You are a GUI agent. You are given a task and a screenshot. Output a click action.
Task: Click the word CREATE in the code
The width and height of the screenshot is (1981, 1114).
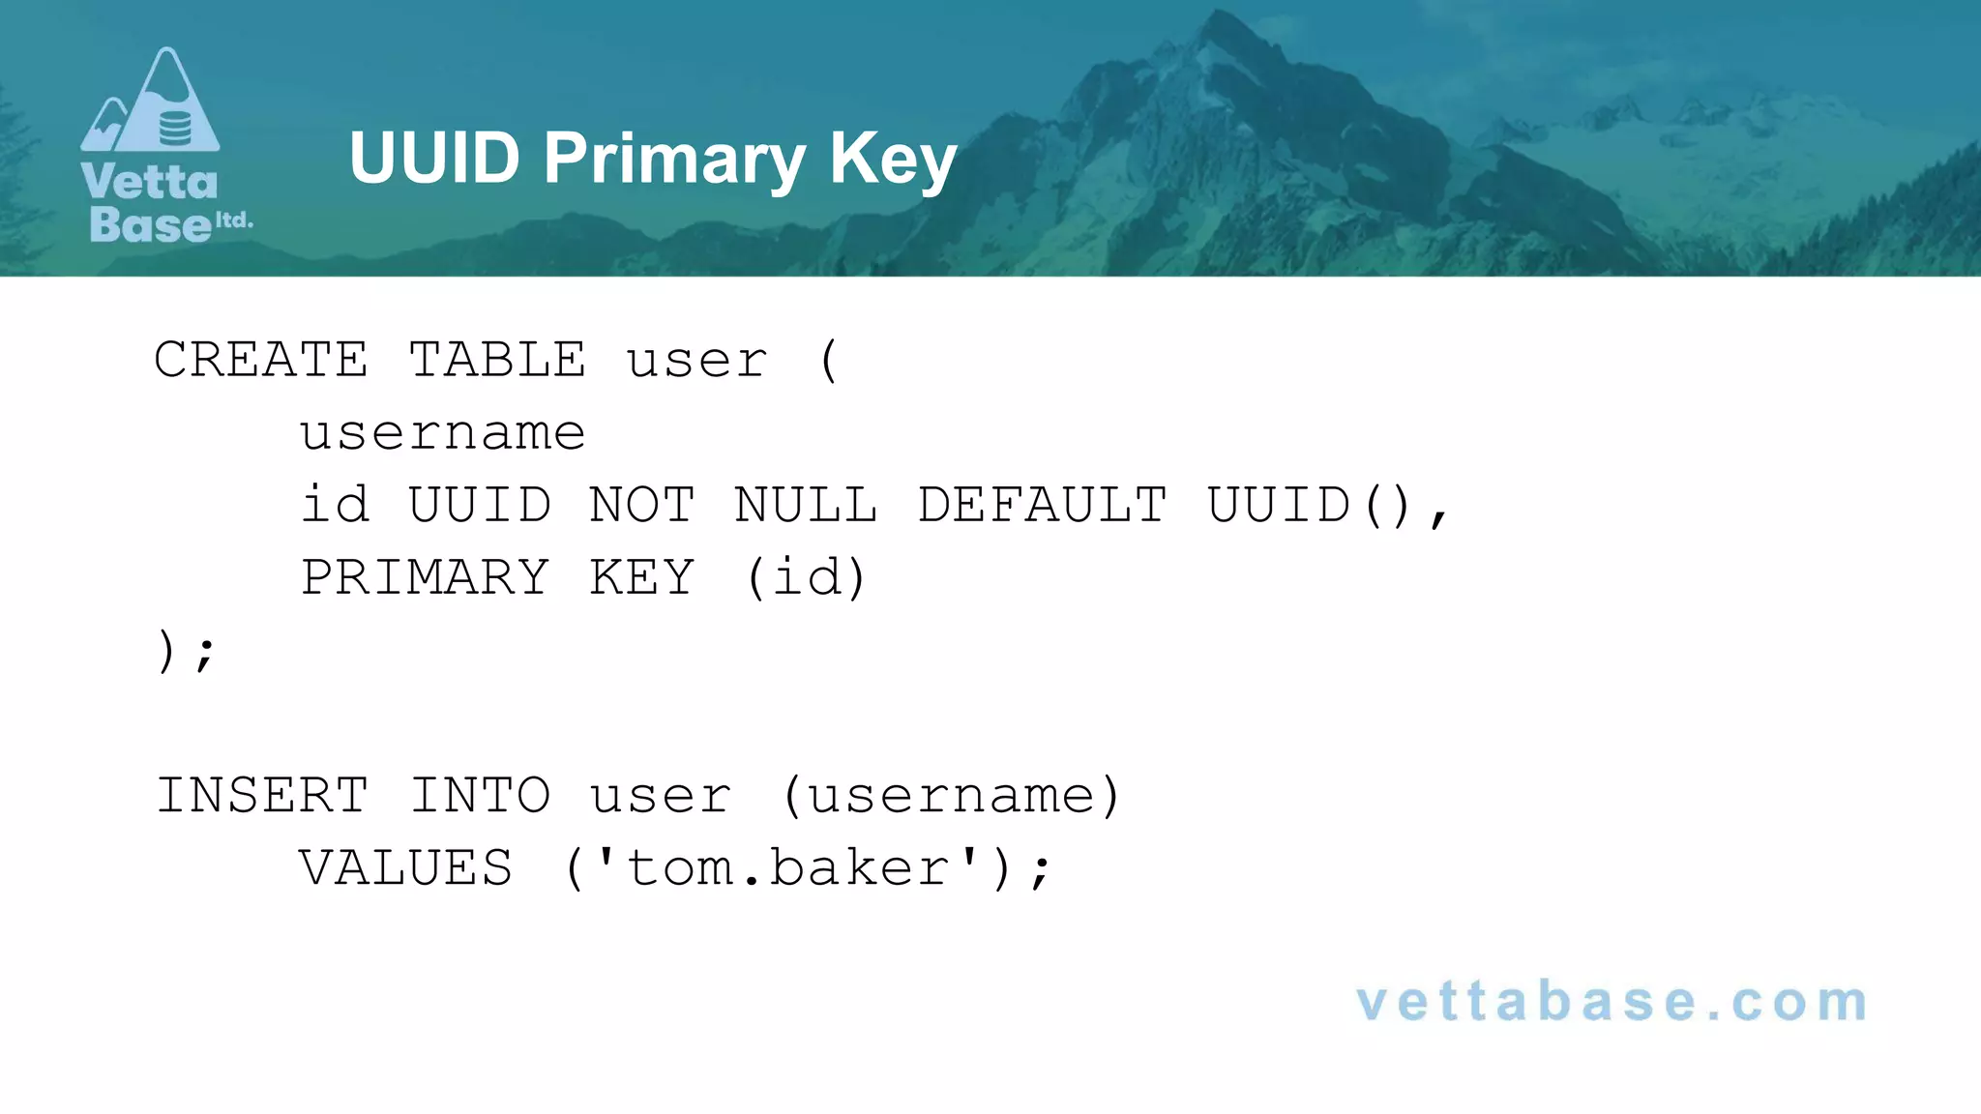(x=261, y=361)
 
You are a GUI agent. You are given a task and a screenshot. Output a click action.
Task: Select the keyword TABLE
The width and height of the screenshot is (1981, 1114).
(x=497, y=361)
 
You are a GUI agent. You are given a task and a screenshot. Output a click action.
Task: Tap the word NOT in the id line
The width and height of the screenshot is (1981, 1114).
(x=641, y=506)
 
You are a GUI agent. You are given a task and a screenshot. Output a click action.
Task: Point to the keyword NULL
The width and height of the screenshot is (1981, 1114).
(x=806, y=506)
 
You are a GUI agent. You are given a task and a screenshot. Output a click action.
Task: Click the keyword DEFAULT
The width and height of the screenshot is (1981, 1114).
(x=1042, y=506)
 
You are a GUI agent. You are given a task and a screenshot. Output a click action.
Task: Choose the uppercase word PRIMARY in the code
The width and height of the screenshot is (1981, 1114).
(x=425, y=578)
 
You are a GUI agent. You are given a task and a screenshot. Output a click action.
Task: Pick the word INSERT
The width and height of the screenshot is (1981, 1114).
(x=262, y=796)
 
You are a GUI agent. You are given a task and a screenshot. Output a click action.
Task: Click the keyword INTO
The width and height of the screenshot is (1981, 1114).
(x=480, y=796)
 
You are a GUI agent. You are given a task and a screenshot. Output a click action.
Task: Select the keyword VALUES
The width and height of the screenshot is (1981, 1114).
(x=405, y=868)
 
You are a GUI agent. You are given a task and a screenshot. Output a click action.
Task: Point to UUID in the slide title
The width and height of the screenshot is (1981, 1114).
(x=434, y=158)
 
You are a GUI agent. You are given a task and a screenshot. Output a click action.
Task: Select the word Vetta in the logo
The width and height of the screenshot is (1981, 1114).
(x=149, y=183)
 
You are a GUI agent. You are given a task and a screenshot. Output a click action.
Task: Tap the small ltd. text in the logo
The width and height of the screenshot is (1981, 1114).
(x=233, y=220)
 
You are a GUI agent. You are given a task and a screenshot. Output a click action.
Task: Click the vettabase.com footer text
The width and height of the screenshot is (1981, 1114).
(x=1611, y=1002)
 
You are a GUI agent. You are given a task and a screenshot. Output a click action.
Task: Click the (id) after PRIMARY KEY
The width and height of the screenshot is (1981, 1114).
(x=806, y=578)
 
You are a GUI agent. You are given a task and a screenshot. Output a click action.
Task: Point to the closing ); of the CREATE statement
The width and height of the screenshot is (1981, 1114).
(x=185, y=651)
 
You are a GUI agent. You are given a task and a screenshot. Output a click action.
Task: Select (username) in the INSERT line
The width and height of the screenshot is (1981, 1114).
(x=951, y=796)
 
